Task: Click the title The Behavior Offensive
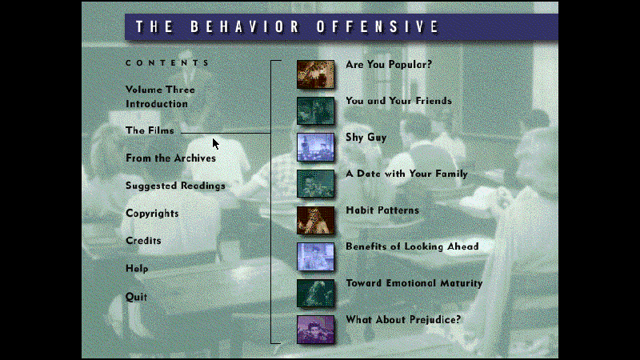pos(287,26)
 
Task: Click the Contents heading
pos(167,62)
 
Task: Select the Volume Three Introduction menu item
pos(160,97)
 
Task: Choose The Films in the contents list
pos(150,130)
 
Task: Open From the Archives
pos(170,158)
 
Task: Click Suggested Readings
pos(175,186)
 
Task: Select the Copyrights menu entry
pos(152,214)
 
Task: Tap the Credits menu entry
pos(143,241)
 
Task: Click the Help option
pos(137,269)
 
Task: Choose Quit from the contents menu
pos(136,297)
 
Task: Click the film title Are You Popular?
pos(389,65)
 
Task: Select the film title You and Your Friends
pos(398,101)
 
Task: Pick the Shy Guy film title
pos(366,138)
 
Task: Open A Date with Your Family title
pos(406,174)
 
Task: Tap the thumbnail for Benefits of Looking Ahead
pos(315,256)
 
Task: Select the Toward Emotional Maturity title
pos(414,283)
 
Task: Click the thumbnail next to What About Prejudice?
pos(315,329)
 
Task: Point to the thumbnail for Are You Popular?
pos(315,74)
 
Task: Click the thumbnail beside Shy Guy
pos(315,147)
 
